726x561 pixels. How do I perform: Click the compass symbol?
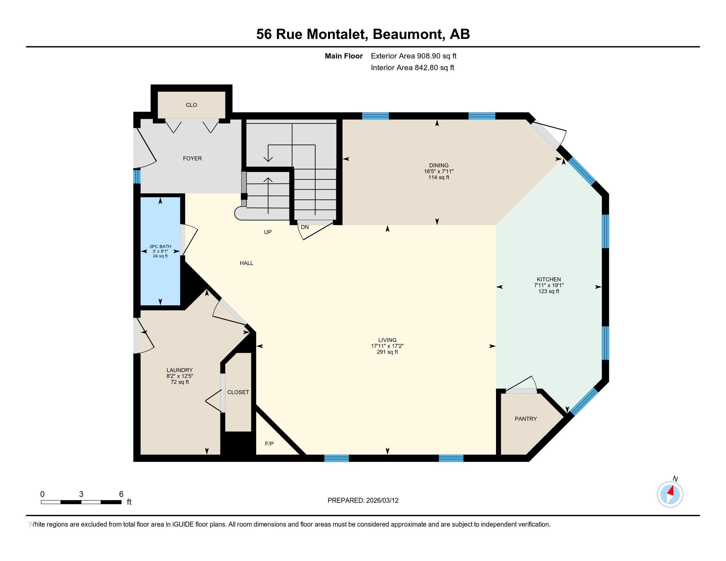[670, 494]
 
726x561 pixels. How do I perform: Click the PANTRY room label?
[526, 419]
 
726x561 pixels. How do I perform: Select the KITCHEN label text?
[548, 280]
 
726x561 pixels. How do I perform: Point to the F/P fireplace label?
[269, 444]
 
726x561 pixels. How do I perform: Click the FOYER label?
[192, 158]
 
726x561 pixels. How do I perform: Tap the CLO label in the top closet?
[191, 105]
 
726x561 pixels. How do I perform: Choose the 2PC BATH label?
[160, 247]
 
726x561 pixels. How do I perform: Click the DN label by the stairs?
[305, 227]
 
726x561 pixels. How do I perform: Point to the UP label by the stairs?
[268, 232]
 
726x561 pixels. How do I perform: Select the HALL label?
[246, 263]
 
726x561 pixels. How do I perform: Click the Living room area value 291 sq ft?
[387, 352]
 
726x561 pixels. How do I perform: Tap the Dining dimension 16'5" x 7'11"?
[439, 172]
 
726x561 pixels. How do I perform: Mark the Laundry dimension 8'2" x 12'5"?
[180, 376]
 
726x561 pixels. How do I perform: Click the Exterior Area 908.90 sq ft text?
[413, 56]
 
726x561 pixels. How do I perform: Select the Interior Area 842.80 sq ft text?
[412, 68]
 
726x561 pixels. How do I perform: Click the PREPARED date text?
[363, 501]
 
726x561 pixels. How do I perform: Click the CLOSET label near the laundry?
[238, 392]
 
